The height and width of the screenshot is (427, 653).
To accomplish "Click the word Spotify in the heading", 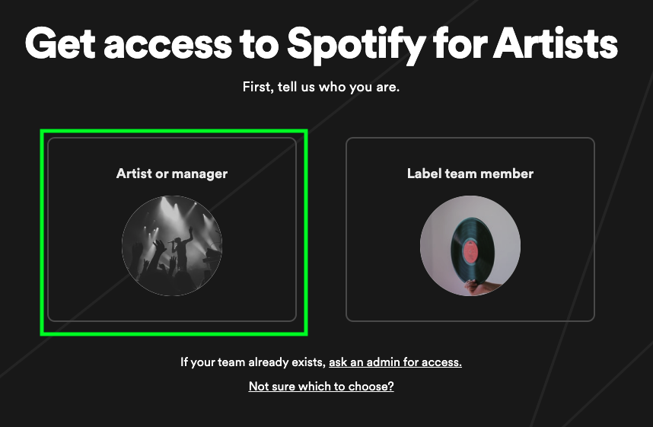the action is point(356,45).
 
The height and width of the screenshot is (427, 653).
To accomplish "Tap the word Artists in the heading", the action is point(556,43).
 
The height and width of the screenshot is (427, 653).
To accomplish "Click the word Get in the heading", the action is point(61,43).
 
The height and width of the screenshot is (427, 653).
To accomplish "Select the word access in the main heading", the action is point(168,45).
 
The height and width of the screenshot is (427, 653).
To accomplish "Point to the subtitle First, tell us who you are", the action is point(321,87).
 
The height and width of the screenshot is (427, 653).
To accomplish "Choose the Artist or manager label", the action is point(172,174).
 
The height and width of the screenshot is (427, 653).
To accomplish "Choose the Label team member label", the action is point(470,174).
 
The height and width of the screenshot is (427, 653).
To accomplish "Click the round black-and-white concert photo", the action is point(172,246).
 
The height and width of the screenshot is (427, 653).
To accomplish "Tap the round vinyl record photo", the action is point(470,246).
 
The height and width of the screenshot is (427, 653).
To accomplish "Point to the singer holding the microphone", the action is point(182,250).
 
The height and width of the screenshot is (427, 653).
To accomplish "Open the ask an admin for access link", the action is point(395,362).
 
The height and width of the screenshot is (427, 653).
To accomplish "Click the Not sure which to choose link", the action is point(321,386).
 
